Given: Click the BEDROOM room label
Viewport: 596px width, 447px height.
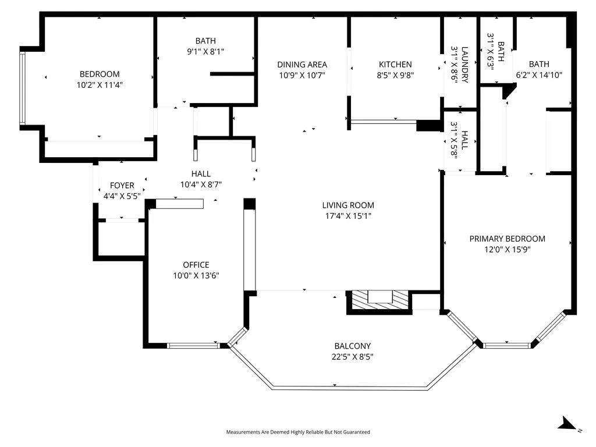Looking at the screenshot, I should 100,74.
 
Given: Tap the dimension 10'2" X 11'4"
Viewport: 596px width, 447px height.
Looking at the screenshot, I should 100,84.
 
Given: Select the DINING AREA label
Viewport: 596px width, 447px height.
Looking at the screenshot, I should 301,65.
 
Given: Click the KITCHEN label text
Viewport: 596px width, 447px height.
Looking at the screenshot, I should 395,65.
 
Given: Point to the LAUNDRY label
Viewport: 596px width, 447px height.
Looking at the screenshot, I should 464,65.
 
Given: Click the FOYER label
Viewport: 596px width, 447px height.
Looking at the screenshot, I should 122,186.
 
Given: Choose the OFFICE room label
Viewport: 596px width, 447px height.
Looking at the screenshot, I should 196,265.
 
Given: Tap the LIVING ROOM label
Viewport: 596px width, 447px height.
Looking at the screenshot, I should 348,205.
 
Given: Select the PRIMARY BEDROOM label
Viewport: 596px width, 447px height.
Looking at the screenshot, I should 507,239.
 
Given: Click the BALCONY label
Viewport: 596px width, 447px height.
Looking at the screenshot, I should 352,346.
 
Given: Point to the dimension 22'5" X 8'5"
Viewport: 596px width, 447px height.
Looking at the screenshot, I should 352,356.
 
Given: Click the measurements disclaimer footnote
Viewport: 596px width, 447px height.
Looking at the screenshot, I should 298,432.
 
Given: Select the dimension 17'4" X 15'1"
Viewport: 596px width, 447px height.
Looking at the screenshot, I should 348,216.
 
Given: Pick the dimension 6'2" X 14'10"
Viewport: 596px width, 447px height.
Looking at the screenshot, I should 539,74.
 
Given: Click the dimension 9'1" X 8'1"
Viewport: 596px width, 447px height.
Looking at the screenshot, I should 205,51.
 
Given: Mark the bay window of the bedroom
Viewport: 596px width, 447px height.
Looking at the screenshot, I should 23,88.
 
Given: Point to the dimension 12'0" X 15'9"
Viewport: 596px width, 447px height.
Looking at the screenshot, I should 507,249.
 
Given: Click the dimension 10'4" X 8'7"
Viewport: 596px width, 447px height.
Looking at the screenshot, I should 201,184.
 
